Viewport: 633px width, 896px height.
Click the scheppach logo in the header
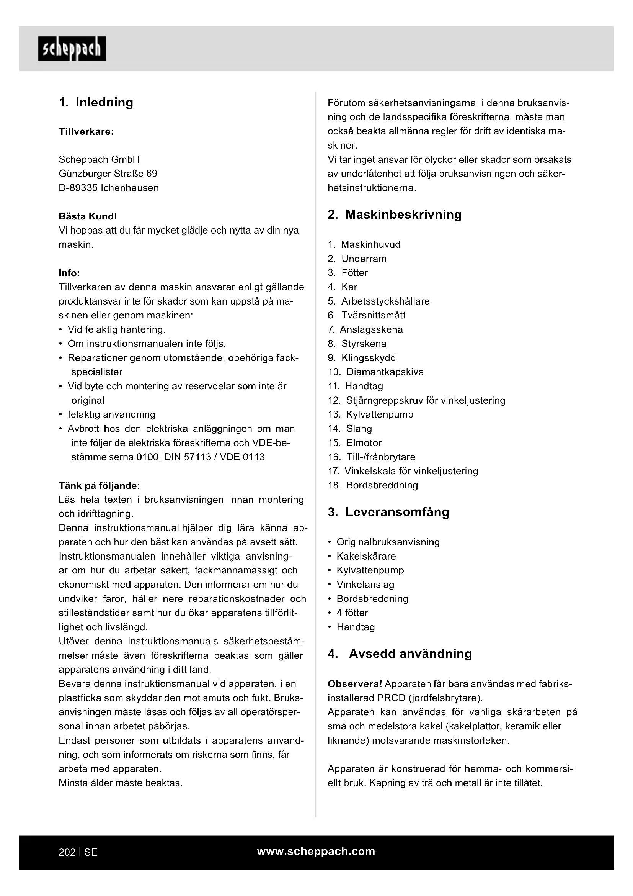72,49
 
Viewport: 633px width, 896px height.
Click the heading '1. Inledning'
96,102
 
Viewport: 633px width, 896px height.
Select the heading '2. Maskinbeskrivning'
395,215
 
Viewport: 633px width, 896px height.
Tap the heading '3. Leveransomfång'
388,512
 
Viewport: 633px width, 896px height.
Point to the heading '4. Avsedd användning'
400,654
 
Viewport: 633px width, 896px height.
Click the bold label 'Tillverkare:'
86,131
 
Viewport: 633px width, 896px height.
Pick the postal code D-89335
78,188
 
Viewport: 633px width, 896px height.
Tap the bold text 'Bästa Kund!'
88,216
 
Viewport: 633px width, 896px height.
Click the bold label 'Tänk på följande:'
99,485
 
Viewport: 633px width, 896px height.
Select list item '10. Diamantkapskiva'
376,372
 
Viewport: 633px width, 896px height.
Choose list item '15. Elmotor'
355,443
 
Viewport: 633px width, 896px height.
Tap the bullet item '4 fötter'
352,613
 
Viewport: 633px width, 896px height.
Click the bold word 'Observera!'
355,684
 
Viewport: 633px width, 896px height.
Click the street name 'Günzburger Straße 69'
108,173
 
